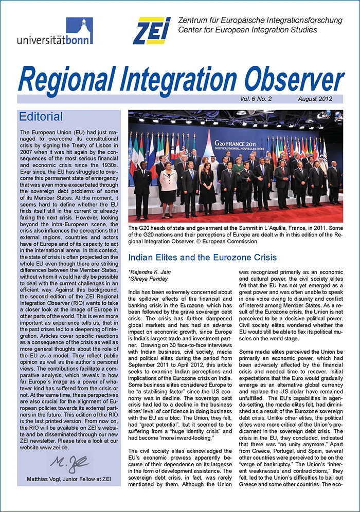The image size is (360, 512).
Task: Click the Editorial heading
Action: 41,117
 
